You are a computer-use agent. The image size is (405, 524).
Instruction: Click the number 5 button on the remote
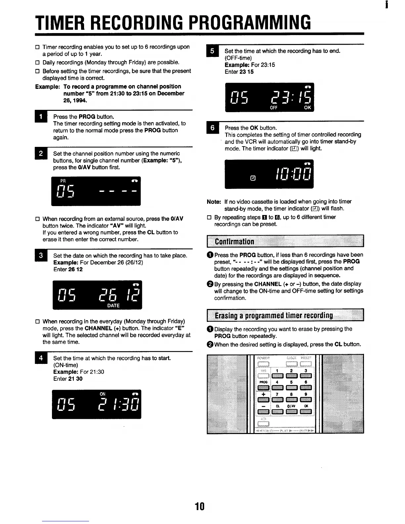(x=291, y=387)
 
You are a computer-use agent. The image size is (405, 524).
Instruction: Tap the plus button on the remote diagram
(x=263, y=400)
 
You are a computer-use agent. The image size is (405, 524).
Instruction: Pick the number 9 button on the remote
(x=306, y=400)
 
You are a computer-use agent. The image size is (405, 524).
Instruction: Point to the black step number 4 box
(x=41, y=358)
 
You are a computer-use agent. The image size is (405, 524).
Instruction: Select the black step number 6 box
(x=212, y=128)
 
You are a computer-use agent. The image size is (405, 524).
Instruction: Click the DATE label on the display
(x=113, y=306)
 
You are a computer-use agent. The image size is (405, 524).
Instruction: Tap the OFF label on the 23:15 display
(x=274, y=108)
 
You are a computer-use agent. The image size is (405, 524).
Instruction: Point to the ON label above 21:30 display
(x=103, y=394)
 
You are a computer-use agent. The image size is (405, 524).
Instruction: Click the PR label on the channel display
(x=63, y=181)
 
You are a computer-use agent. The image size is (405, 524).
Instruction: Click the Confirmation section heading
(x=235, y=241)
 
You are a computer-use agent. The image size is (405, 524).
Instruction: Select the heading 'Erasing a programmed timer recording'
(x=274, y=315)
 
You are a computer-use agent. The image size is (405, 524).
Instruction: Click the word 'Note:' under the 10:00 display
(x=214, y=202)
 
